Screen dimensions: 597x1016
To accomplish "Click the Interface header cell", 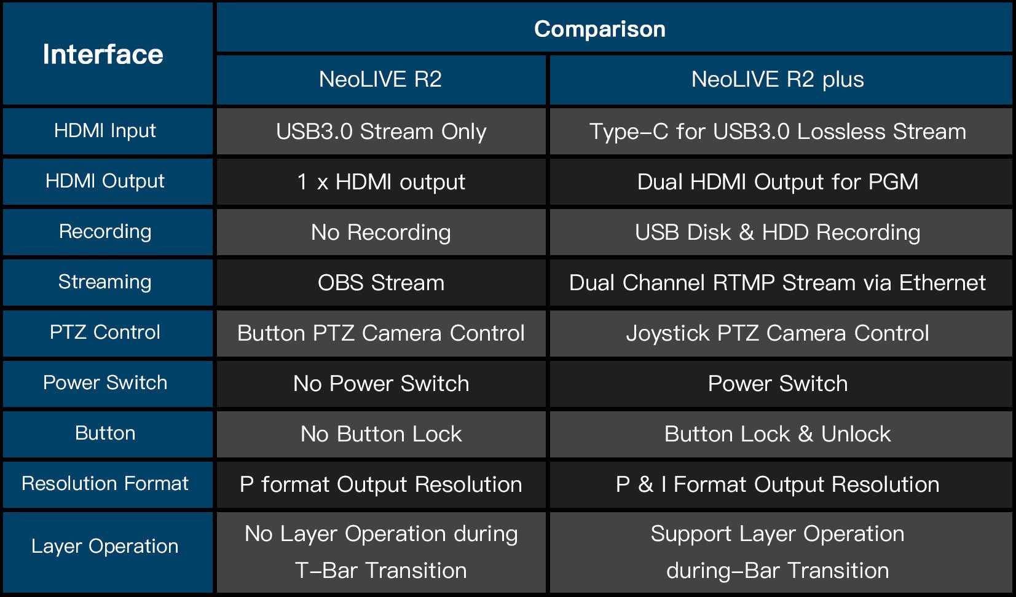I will (x=103, y=54).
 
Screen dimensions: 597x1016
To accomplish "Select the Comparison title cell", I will (x=599, y=29).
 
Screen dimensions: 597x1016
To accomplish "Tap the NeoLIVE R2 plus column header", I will (x=777, y=79).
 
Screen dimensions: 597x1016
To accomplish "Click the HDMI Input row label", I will (x=105, y=131).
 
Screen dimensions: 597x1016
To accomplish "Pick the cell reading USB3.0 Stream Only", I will (x=381, y=132).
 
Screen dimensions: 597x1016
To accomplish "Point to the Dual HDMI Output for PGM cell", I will (x=778, y=182).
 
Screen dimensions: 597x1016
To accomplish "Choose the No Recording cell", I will (x=381, y=232).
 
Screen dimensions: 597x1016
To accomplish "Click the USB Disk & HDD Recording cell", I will (x=778, y=232).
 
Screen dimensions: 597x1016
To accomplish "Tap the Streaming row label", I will (x=105, y=282).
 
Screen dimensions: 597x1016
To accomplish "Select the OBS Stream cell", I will (x=381, y=283).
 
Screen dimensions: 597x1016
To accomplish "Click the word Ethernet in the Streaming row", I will (x=942, y=283).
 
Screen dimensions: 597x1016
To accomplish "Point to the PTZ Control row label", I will (x=105, y=333).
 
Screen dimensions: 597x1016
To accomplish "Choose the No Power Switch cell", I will (x=381, y=384).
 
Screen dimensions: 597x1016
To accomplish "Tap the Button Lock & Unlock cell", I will (x=778, y=434).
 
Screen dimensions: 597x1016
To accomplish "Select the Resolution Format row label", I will (x=105, y=484).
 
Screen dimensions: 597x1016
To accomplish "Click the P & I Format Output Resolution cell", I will (x=778, y=484).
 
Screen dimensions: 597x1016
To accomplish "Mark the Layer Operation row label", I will (x=105, y=546).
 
